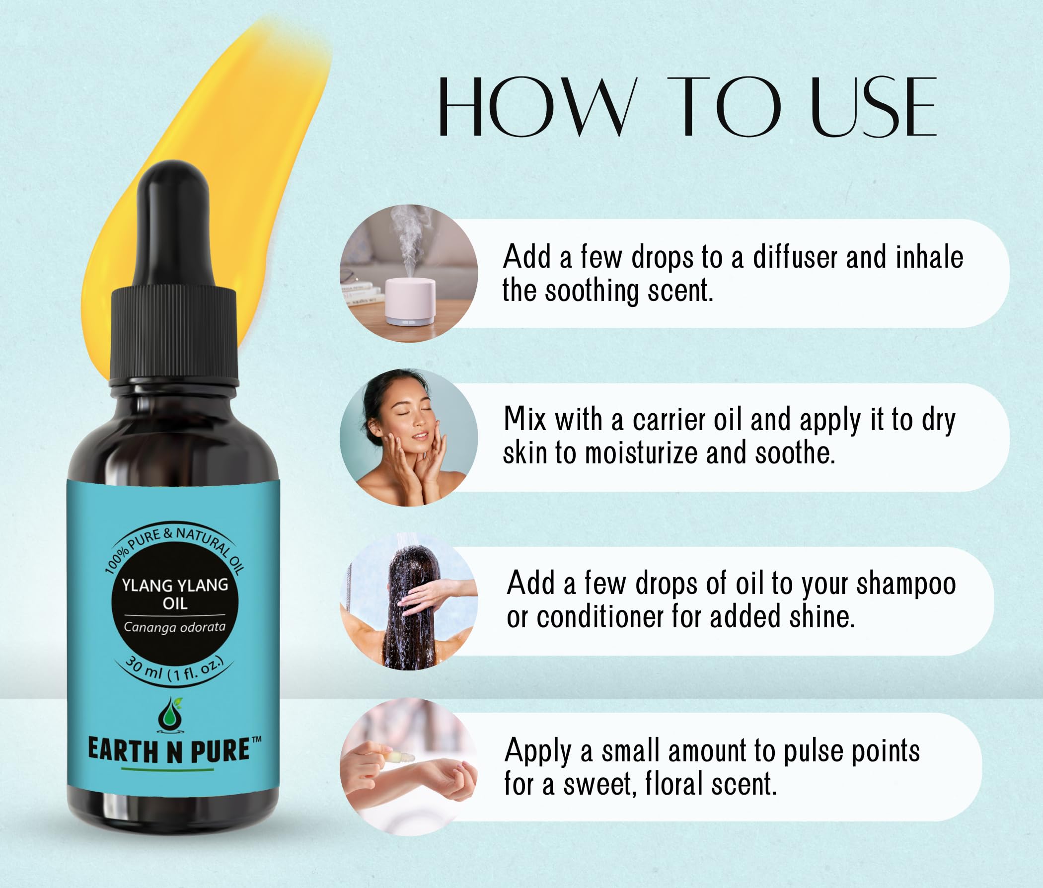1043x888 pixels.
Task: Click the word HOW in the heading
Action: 535,107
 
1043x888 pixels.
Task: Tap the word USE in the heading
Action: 874,107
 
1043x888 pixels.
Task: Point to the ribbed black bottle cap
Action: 174,335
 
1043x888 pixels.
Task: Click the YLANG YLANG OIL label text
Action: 175,594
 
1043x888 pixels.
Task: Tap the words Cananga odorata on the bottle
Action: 175,627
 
